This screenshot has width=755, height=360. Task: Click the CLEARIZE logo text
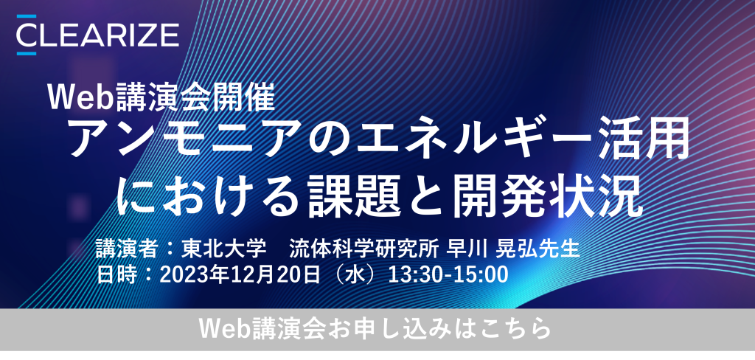click(98, 35)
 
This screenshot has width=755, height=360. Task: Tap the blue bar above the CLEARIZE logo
click(27, 16)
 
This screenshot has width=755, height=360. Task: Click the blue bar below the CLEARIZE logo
click(27, 53)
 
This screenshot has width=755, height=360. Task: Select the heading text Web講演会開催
click(161, 97)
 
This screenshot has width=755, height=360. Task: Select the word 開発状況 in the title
click(548, 196)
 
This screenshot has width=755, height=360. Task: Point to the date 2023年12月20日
click(240, 275)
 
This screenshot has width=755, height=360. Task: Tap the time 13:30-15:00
click(448, 275)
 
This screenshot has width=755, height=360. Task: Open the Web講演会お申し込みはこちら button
click(377, 330)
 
